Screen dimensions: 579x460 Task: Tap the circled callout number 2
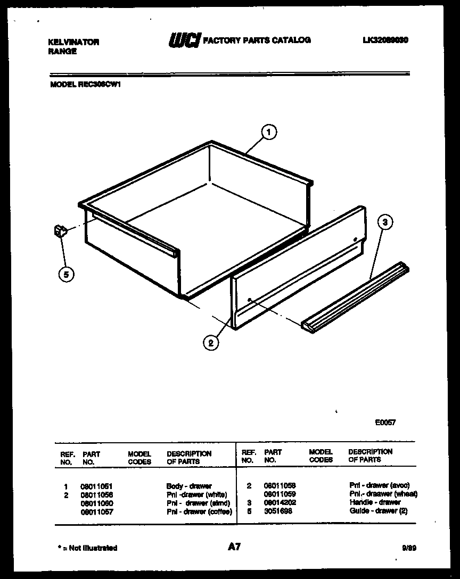[x=211, y=343]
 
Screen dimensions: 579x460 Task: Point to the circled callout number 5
[x=66, y=275]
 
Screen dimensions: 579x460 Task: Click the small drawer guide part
[x=60, y=231]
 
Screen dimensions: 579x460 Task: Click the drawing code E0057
[x=385, y=423]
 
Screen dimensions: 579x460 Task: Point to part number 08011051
[x=96, y=486]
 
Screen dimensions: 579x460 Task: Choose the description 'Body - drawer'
[x=189, y=486]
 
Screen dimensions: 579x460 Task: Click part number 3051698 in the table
[x=277, y=511]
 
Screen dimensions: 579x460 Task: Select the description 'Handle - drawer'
[x=375, y=502]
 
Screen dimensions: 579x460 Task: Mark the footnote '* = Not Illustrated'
[x=87, y=548]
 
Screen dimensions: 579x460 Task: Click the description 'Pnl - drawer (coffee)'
[x=199, y=511]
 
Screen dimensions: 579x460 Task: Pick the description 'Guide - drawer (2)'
[x=378, y=511]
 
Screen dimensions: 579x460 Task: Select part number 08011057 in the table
[x=96, y=511]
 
